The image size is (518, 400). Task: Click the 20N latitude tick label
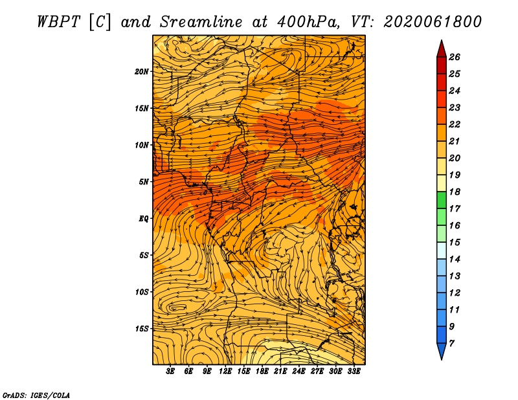coord(142,72)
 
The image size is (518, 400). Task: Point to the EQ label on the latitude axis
coord(144,219)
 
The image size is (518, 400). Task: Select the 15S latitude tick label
coord(142,329)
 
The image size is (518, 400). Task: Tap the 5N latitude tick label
coord(144,182)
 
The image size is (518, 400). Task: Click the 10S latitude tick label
coord(142,292)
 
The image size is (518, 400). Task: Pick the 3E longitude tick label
coord(170,372)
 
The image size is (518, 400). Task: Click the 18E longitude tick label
coord(262,372)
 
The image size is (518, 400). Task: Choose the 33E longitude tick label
coord(354,372)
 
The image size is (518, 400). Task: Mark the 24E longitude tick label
coord(298,372)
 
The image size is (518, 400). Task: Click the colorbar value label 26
coord(455,57)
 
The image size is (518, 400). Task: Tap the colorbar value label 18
coord(455,192)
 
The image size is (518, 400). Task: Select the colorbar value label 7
coord(452,344)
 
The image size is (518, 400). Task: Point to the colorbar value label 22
coord(455,124)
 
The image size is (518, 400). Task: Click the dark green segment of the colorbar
coord(442,200)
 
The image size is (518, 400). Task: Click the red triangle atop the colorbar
coord(442,50)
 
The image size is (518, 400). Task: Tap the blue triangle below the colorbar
coord(442,351)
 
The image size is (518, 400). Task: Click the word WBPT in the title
coord(58,22)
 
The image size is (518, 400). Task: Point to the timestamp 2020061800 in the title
coord(433,22)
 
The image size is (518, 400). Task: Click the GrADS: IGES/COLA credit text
coord(36,395)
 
